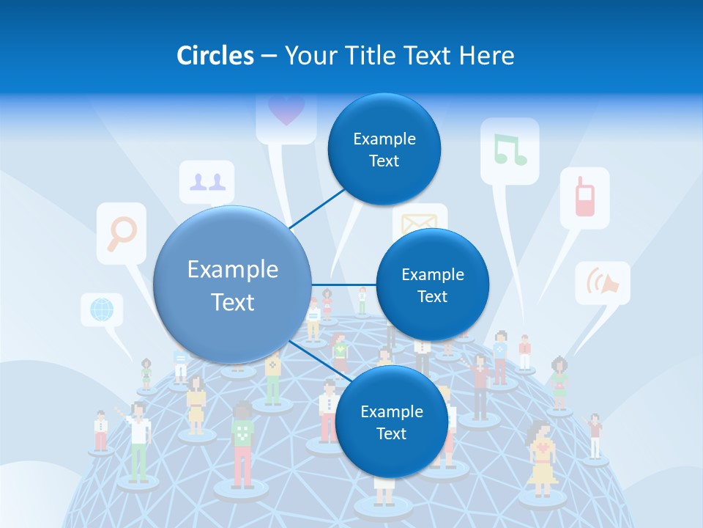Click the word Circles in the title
pyautogui.click(x=215, y=56)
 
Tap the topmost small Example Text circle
pyautogui.click(x=384, y=150)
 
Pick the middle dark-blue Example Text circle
pyautogui.click(x=432, y=285)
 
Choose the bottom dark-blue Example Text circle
pyautogui.click(x=391, y=422)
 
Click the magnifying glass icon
pyautogui.click(x=122, y=233)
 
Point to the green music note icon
pyautogui.click(x=510, y=150)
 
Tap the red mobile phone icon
pyautogui.click(x=584, y=197)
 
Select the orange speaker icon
pyautogui.click(x=603, y=282)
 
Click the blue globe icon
pyautogui.click(x=101, y=309)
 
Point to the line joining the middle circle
pyautogui.click(x=344, y=285)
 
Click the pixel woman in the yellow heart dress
pyautogui.click(x=541, y=459)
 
